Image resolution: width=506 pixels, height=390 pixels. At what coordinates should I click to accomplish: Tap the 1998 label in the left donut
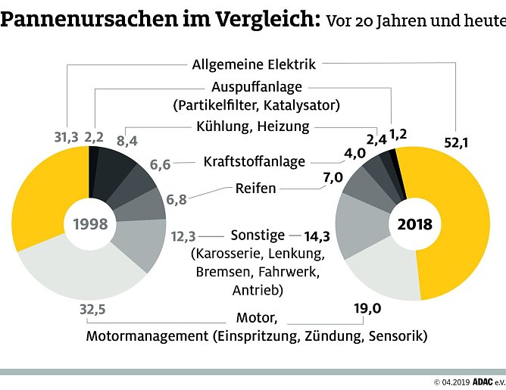pyautogui.click(x=90, y=224)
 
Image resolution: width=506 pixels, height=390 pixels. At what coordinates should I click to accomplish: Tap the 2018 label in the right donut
pyautogui.click(x=414, y=224)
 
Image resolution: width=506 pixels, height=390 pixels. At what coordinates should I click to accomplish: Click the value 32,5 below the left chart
pyautogui.click(x=93, y=310)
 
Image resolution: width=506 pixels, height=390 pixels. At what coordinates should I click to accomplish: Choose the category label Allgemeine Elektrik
pyautogui.click(x=254, y=64)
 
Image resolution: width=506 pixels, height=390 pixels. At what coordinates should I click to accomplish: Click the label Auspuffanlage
pyautogui.click(x=256, y=88)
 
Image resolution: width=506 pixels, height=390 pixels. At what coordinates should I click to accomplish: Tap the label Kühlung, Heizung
pyautogui.click(x=253, y=126)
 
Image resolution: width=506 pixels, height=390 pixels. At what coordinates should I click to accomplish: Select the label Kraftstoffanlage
pyautogui.click(x=255, y=161)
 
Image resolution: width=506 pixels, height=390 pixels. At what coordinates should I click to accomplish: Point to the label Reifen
pyautogui.click(x=255, y=187)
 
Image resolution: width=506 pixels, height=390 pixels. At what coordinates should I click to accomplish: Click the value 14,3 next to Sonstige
pyautogui.click(x=318, y=236)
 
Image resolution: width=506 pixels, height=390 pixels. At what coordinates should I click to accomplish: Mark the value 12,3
pyautogui.click(x=183, y=236)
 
